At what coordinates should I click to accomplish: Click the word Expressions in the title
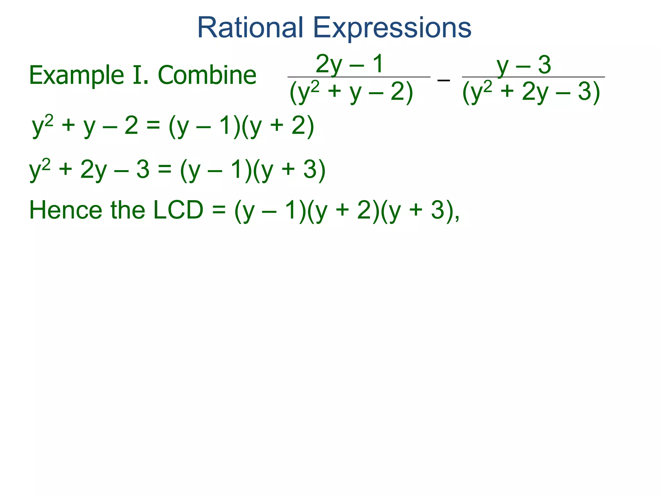coord(392,28)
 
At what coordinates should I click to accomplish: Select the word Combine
coord(207,75)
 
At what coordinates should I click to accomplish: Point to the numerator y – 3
coord(524,65)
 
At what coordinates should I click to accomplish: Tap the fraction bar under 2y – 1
coord(359,77)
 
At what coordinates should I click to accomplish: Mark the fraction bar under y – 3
coord(533,77)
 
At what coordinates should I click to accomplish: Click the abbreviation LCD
coord(178,210)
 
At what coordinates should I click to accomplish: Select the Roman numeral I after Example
coord(137,75)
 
